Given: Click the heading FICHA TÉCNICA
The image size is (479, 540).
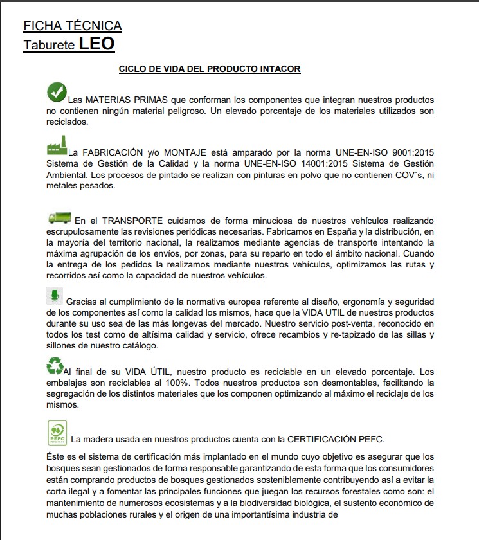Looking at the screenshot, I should (73, 26).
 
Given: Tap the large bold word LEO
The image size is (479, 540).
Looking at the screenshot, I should (96, 44).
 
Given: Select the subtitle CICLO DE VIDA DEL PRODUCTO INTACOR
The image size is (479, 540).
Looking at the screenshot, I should (210, 69).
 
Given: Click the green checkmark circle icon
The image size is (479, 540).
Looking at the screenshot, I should (57, 92).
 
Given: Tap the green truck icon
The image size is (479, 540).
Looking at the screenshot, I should (59, 219).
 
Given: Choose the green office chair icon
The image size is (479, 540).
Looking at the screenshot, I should (56, 296).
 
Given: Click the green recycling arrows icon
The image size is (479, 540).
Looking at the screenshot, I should (55, 366).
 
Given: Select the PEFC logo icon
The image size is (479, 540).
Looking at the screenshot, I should (57, 433).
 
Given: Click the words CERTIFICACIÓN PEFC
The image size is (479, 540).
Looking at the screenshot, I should (330, 439).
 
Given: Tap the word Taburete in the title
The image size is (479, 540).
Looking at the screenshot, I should (49, 46).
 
